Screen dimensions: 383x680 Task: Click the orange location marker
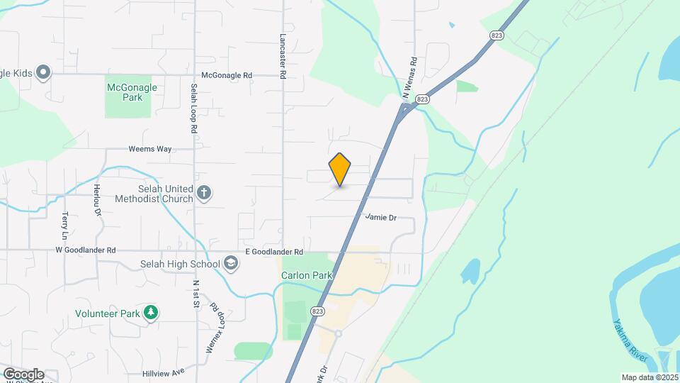point(340,169)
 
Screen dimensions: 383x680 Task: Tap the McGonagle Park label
point(132,92)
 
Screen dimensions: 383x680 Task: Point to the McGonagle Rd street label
point(227,74)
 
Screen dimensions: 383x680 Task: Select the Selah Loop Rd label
point(193,109)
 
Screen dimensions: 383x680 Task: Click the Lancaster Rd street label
point(282,55)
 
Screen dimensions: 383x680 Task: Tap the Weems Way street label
point(150,149)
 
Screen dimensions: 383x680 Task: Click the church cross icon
point(204,192)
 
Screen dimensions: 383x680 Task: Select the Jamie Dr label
point(380,217)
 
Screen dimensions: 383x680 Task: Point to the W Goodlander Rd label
point(86,250)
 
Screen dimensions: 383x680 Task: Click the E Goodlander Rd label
point(274,252)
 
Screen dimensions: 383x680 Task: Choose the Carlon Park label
point(306,275)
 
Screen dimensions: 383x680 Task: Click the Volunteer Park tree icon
point(150,312)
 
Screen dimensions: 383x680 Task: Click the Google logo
point(23,374)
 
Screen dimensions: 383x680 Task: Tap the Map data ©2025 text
point(650,377)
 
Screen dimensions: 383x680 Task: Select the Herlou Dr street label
point(98,201)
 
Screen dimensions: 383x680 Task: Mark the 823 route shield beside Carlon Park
point(317,311)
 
